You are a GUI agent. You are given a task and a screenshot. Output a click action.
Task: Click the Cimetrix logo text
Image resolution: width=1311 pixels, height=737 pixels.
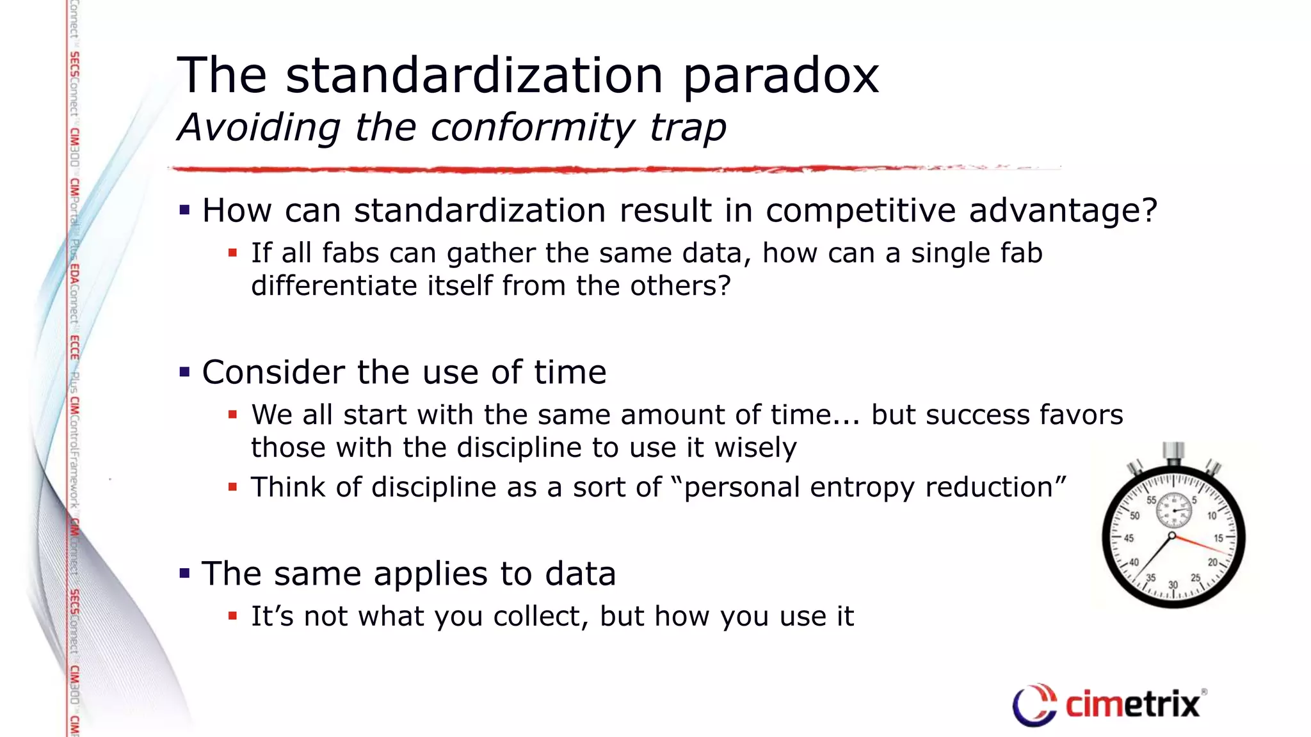(x=1132, y=704)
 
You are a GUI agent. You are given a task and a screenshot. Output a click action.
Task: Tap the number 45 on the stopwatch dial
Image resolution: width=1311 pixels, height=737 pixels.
(x=1129, y=538)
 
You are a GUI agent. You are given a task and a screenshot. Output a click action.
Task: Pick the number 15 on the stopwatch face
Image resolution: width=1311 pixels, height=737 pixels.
(x=1218, y=538)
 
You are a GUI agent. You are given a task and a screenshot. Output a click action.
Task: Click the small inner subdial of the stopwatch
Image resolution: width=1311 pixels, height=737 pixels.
(x=1173, y=510)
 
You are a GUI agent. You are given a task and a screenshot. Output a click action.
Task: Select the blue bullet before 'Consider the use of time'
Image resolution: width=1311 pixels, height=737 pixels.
(x=185, y=372)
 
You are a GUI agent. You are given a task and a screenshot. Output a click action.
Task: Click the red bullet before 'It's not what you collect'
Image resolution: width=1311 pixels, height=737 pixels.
(x=233, y=616)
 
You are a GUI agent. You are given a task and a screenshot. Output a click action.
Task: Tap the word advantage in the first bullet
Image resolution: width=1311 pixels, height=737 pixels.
(x=1063, y=210)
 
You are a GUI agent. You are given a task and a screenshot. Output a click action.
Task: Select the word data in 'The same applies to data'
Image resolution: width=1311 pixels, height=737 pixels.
(x=580, y=573)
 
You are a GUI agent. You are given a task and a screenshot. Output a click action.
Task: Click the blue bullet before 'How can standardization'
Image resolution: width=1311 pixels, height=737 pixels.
(x=185, y=210)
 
